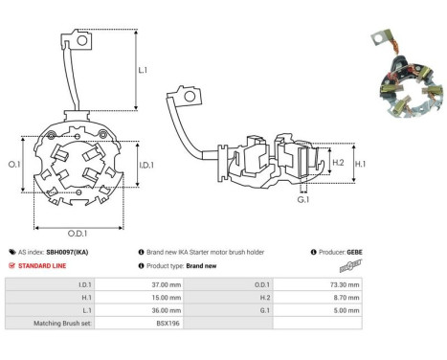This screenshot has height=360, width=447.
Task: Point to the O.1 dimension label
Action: click(15, 166)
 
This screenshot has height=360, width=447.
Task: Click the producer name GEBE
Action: click(354, 252)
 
